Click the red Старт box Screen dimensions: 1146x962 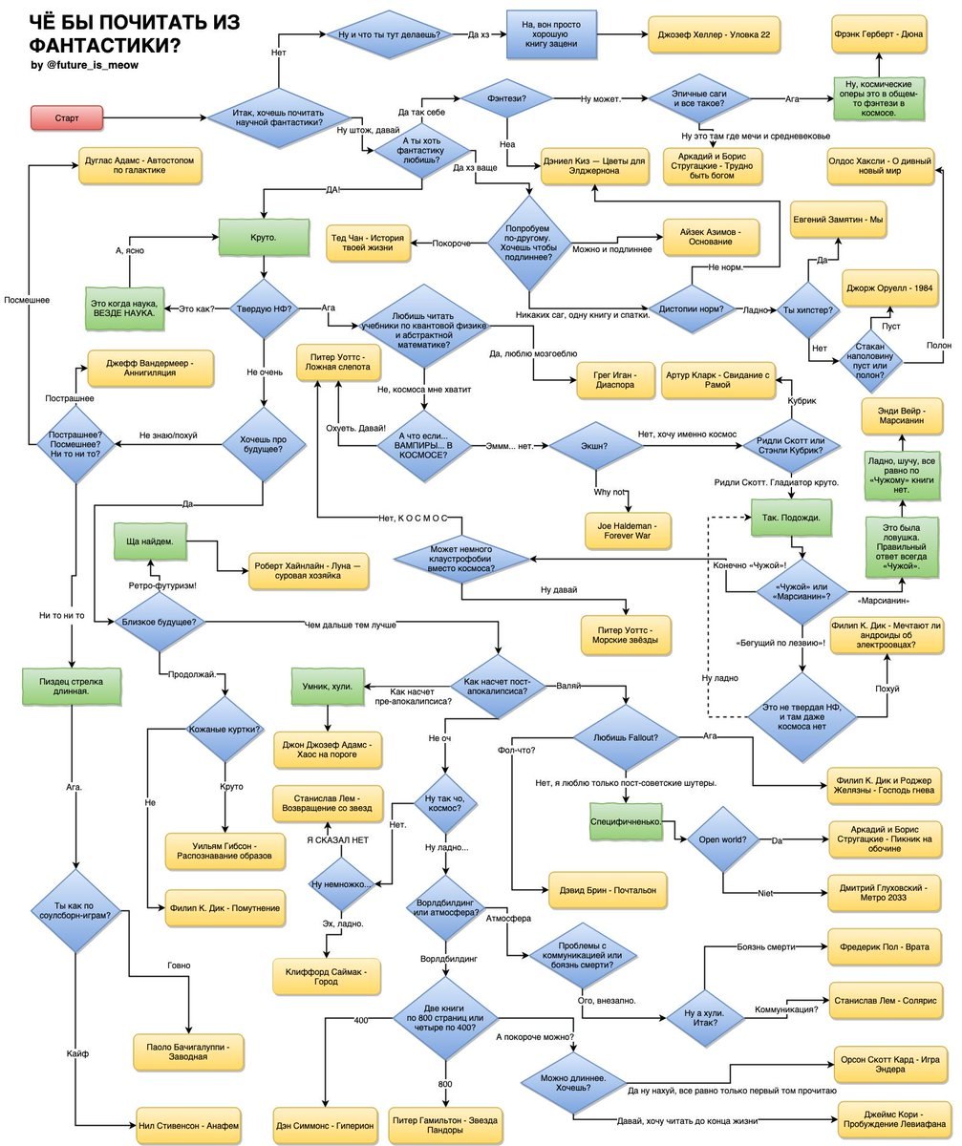coord(67,117)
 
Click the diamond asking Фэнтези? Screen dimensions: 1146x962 coord(506,97)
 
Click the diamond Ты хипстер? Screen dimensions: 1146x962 coord(808,310)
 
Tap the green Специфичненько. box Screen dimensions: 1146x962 coord(627,820)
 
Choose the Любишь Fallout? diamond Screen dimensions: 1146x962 coord(626,737)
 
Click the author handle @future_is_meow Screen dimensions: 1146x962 coord(85,64)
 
